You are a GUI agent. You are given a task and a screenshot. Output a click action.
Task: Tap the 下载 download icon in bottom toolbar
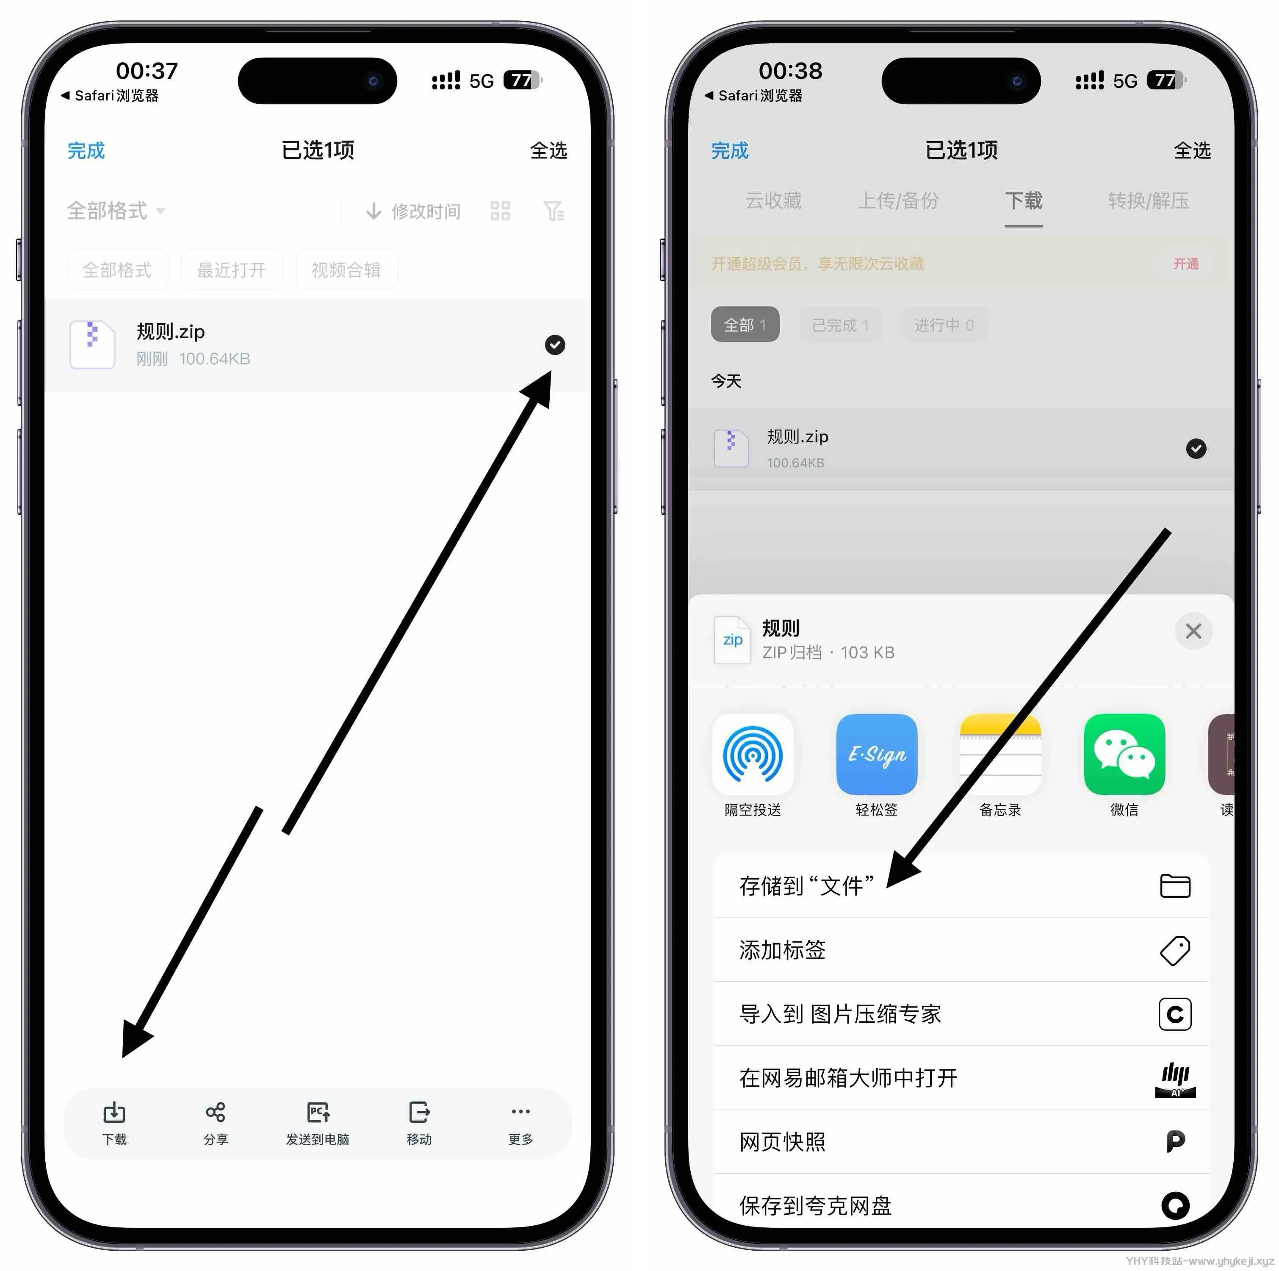[114, 1113]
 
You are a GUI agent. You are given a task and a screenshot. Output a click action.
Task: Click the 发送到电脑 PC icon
[318, 1113]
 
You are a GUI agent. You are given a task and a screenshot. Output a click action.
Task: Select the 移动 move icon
[419, 1113]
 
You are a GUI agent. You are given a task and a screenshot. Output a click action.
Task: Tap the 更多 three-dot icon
[520, 1111]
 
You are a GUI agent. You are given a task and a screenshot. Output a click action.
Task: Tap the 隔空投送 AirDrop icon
[753, 755]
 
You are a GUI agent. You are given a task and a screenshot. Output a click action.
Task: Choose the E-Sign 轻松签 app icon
[877, 755]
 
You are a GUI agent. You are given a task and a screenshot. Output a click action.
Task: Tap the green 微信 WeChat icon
[1124, 755]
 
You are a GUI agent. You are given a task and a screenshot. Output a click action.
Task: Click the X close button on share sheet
[1193, 631]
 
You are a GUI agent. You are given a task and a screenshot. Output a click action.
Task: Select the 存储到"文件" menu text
[806, 885]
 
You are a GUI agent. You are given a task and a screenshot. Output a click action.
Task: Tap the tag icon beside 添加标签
[1175, 950]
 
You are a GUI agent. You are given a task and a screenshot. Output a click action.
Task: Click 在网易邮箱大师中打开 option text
[848, 1078]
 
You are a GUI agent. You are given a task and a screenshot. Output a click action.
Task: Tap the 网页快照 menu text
[782, 1142]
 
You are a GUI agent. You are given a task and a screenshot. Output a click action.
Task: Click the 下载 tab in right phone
[1024, 201]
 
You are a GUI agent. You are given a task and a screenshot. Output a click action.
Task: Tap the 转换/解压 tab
[1148, 201]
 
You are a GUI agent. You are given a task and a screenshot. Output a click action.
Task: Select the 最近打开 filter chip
[231, 270]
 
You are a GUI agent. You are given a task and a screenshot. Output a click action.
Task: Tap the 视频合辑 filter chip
[346, 270]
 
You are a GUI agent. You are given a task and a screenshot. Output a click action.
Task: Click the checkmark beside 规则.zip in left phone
[555, 344]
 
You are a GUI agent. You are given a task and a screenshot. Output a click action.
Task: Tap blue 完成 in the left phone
[86, 151]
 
